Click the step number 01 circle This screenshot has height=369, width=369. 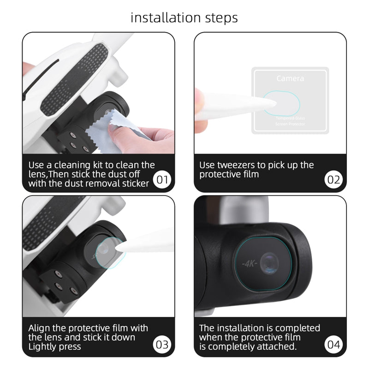(162, 179)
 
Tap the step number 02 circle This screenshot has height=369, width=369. (333, 179)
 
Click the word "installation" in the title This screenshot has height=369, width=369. (161, 18)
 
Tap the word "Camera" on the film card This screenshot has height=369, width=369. (290, 78)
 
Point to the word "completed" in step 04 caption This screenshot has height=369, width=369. (298, 328)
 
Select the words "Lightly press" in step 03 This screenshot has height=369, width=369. (54, 347)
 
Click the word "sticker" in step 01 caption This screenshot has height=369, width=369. (134, 184)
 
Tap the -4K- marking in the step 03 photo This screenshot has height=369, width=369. (96, 256)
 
